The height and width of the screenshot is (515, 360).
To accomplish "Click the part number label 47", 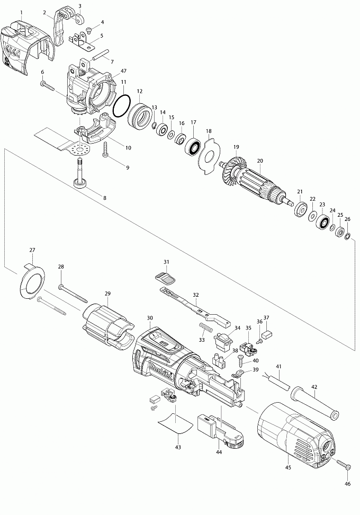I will [123, 71].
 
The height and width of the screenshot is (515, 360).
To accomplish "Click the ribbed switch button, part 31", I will [165, 277].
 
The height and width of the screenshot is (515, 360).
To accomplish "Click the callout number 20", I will [259, 161].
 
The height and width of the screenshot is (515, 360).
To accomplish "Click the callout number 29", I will [107, 294].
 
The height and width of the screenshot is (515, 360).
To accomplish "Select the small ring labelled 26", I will [348, 234].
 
